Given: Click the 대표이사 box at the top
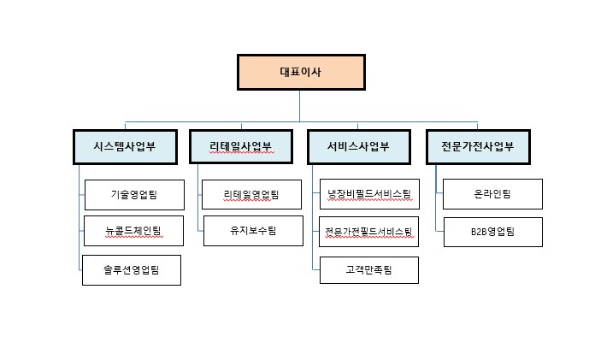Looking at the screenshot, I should coord(301,73).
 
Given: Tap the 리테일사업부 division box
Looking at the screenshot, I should coord(241,146).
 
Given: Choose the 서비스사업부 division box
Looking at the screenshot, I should coord(358,146).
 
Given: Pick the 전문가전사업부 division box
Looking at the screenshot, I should coord(478,146).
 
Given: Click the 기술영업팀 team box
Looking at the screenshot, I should coord(133,194).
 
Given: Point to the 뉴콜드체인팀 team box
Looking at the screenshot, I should coord(133,230).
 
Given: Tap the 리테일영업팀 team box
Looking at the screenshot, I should coord(252,194).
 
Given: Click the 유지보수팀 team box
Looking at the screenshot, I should coord(252,230).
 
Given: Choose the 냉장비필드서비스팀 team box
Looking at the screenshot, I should coord(369,194).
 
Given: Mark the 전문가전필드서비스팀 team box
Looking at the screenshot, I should coord(369,231).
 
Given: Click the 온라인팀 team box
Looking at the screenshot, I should coord(492,194).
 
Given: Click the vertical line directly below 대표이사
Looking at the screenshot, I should coord(300,104).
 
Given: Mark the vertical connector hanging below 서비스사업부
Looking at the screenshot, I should coord(313,214).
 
